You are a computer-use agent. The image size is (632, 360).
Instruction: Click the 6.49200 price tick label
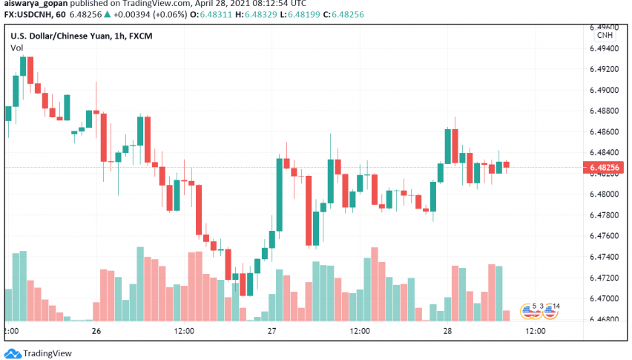[605, 69]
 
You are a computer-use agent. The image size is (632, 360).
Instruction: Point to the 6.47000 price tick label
[605, 298]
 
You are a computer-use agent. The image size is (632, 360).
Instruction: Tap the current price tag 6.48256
[605, 168]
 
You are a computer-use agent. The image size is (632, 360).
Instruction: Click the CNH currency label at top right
[605, 34]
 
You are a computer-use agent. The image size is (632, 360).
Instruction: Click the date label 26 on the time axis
[96, 331]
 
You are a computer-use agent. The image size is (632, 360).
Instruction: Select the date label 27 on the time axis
[271, 331]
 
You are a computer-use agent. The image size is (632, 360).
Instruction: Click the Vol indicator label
[16, 48]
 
